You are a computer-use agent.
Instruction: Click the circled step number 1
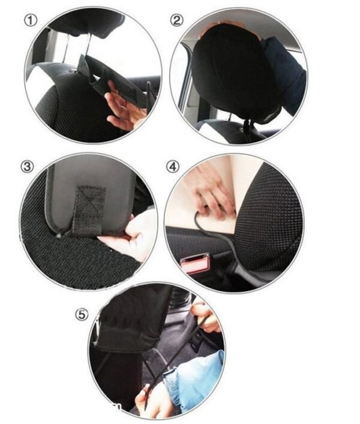(30, 20)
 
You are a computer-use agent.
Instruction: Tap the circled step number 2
(176, 20)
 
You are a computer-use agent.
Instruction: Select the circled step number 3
(26, 167)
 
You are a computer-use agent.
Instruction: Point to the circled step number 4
(173, 167)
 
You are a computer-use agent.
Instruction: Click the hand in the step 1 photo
(124, 107)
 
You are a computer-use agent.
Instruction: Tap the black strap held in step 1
(114, 78)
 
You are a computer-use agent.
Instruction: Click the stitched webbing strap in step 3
(88, 210)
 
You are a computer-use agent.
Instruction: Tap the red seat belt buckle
(195, 264)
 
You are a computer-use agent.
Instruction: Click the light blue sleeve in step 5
(192, 375)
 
